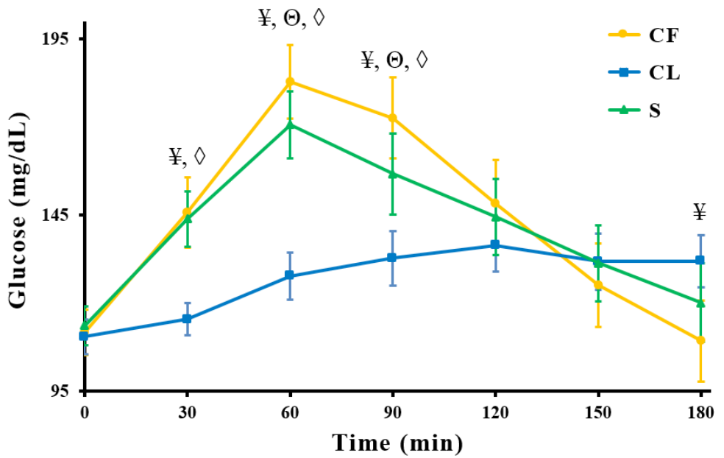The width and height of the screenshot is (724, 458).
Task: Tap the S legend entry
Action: [x=640, y=110]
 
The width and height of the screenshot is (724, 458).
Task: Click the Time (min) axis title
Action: [x=397, y=443]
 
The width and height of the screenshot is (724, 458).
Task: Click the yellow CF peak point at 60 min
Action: [x=290, y=81]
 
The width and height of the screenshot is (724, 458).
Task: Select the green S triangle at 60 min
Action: [x=290, y=124]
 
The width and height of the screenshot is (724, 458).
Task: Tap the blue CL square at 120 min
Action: [x=495, y=244]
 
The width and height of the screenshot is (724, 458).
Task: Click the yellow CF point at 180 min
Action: [x=700, y=340]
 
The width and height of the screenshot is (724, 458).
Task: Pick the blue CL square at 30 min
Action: [x=187, y=319]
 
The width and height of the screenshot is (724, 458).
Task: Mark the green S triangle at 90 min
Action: [x=392, y=174]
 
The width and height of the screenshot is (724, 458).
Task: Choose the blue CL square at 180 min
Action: [x=700, y=261]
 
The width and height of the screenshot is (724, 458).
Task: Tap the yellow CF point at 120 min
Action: [x=495, y=203]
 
